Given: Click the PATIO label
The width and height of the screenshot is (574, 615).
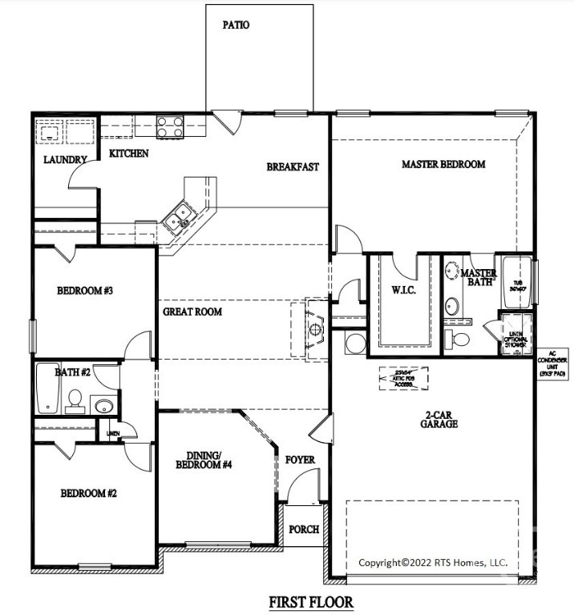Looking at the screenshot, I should click(236, 25).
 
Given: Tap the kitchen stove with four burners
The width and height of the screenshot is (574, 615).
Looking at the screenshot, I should click(170, 125).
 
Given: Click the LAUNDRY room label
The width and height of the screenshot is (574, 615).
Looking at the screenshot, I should click(64, 160).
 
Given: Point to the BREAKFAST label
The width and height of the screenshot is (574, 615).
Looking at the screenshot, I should click(293, 167).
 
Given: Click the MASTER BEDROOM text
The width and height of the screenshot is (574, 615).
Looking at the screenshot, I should click(443, 164).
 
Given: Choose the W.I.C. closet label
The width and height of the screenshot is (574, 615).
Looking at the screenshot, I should click(402, 290).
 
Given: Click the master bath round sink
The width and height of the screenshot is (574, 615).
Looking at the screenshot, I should click(451, 305).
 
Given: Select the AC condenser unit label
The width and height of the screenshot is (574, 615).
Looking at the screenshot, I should click(552, 362).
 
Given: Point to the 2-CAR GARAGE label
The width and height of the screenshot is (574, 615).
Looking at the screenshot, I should click(441, 419).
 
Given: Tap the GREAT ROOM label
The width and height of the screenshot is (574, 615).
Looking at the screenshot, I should click(192, 312).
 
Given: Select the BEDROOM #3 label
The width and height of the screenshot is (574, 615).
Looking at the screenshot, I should click(84, 291).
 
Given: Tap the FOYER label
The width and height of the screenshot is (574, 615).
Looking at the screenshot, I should click(300, 460).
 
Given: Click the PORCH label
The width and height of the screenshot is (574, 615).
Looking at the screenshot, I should click(304, 529).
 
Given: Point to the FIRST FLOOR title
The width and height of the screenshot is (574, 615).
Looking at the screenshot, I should click(310, 601).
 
